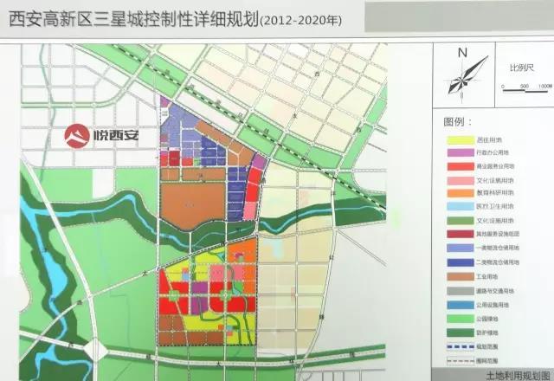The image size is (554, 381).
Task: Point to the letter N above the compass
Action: pyautogui.click(x=462, y=54)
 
